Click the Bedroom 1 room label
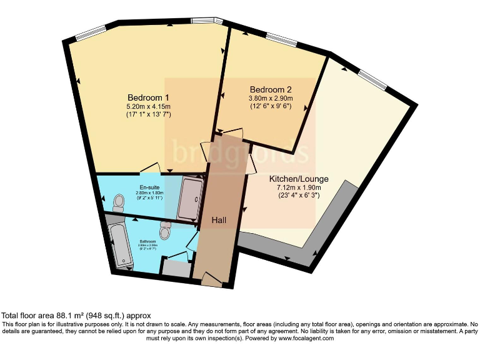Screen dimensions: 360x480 click(148, 97)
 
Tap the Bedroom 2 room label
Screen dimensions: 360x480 click(270, 89)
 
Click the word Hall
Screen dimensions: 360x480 click(218, 221)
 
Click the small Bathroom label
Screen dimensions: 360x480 click(148, 241)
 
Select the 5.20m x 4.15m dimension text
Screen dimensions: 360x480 click(148, 107)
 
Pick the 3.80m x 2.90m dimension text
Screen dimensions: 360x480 click(270, 98)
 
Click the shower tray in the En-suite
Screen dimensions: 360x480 click(189, 199)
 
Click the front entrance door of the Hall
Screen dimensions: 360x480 click(211, 280)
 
